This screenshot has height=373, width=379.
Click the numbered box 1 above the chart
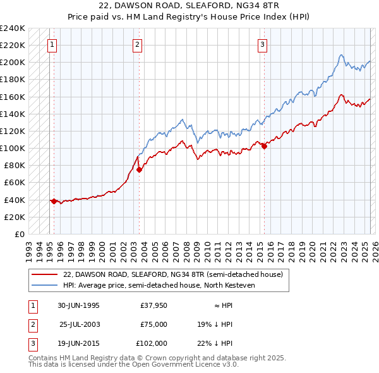click(x=51, y=44)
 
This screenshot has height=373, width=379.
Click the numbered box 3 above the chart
click(x=262, y=44)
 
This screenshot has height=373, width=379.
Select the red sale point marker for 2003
click(x=139, y=169)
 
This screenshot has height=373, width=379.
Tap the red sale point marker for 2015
click(x=264, y=146)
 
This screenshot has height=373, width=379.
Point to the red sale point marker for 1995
click(x=54, y=201)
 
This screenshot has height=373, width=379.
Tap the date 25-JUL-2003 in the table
click(x=80, y=324)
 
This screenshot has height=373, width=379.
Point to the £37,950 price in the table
click(x=153, y=305)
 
